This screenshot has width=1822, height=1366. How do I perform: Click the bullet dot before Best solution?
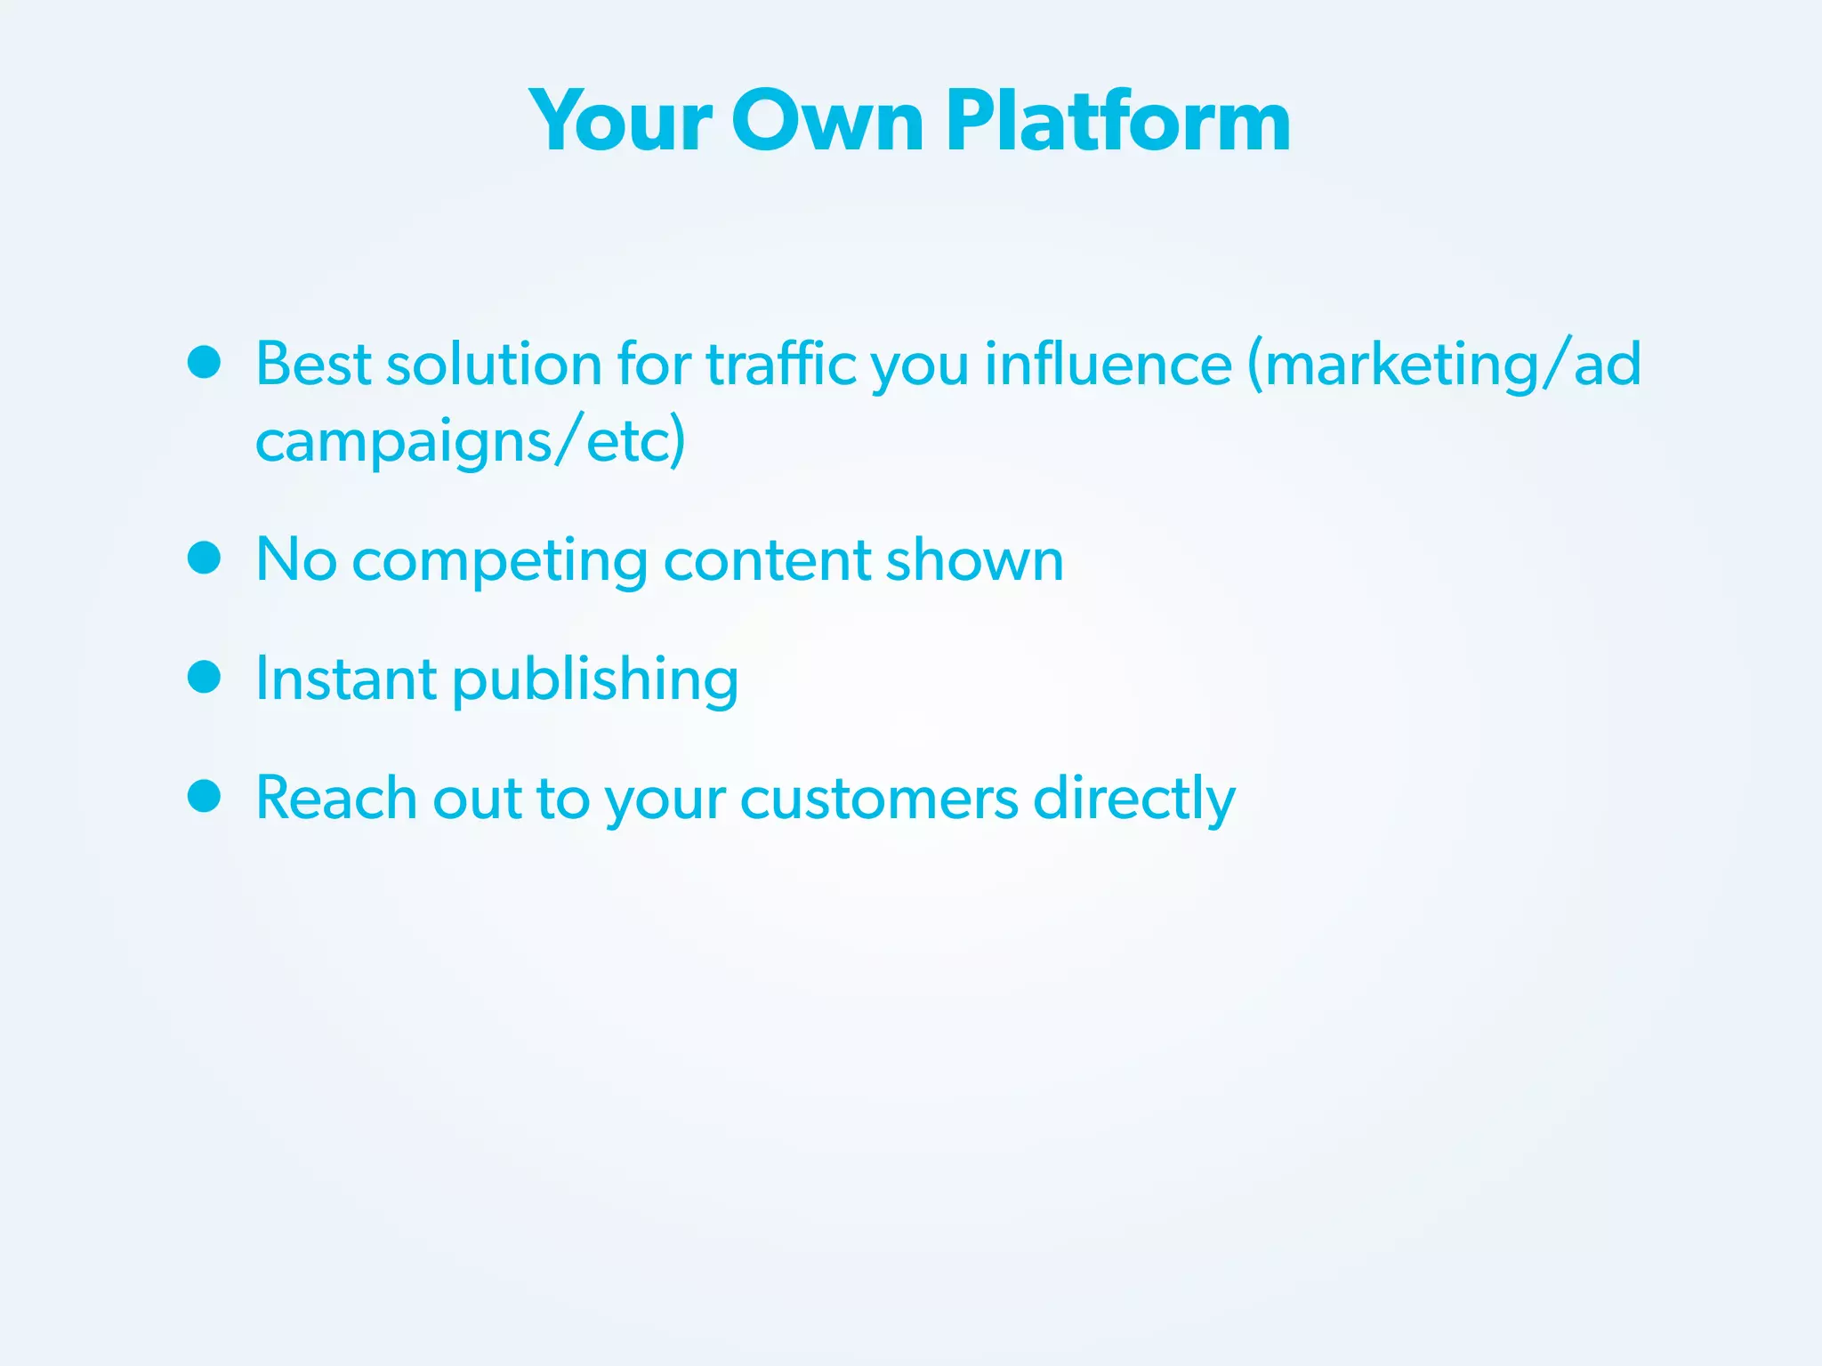pyautogui.click(x=205, y=362)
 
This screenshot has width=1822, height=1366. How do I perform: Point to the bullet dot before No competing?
pyautogui.click(x=205, y=558)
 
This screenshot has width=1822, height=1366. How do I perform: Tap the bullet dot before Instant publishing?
pyautogui.click(x=205, y=677)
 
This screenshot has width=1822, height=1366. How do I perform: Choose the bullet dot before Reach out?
pyautogui.click(x=205, y=796)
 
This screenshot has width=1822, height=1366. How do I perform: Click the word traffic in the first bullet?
pyautogui.click(x=780, y=365)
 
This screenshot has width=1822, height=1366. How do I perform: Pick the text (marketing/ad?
pyautogui.click(x=1443, y=365)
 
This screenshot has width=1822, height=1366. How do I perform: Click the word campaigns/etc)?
pyautogui.click(x=470, y=441)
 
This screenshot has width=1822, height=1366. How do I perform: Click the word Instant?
pyautogui.click(x=345, y=679)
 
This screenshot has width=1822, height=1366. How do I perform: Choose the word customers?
pyautogui.click(x=878, y=799)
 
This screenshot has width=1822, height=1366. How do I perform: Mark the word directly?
pyautogui.click(x=1133, y=799)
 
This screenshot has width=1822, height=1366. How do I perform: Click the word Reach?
pyautogui.click(x=335, y=797)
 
